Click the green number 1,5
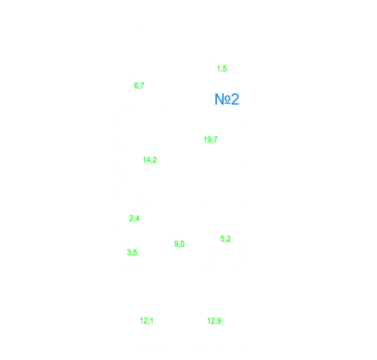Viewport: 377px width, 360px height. point(222,69)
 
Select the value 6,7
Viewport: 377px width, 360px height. point(139,86)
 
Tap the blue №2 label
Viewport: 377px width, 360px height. point(227,99)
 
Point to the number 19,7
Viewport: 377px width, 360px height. point(210,140)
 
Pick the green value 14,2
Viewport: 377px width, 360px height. point(149,160)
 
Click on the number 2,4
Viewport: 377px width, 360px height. point(134,218)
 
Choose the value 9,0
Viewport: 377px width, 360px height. point(180,244)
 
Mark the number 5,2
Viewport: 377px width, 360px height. point(226,239)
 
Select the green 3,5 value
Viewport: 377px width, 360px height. point(132,252)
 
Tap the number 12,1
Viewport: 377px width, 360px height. point(146,321)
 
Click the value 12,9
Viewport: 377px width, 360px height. point(214,321)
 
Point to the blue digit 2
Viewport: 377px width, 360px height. point(235,99)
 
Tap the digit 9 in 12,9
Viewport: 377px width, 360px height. point(219,321)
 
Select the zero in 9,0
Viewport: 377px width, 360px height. point(182,244)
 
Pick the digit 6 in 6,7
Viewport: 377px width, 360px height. point(136,86)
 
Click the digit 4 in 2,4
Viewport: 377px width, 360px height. point(137,218)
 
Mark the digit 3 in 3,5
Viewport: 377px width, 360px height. point(129,252)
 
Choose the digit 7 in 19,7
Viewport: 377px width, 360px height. point(216,140)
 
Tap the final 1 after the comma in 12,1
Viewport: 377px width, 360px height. point(151,321)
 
